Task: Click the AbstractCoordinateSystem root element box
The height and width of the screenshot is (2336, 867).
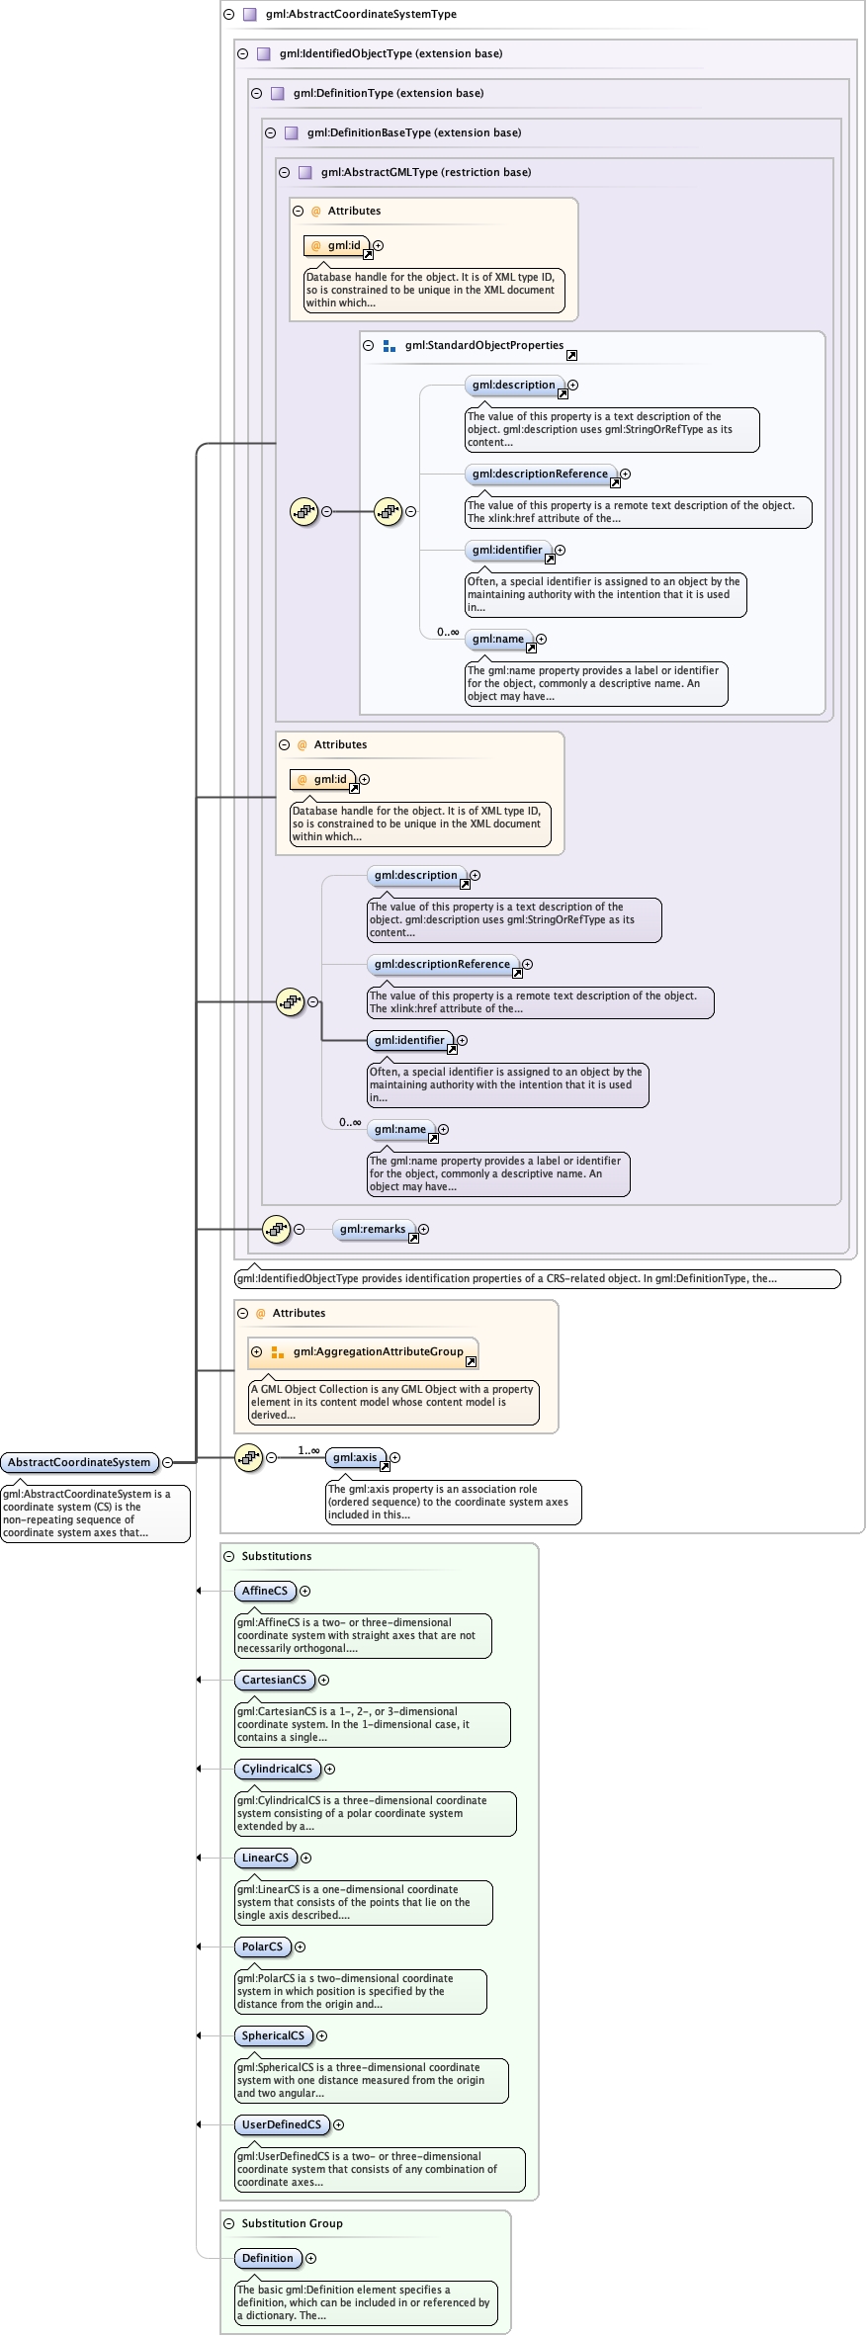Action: click(79, 1462)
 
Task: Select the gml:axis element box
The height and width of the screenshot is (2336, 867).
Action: click(355, 1457)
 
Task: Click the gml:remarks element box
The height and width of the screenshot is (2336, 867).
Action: click(373, 1229)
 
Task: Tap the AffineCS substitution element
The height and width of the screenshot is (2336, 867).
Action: click(265, 1591)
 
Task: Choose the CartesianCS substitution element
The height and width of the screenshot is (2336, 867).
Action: click(274, 1680)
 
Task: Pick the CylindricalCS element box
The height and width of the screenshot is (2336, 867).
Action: click(277, 1769)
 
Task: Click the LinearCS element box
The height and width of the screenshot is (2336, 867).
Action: click(265, 1858)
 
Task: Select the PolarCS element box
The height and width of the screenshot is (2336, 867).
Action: click(262, 1947)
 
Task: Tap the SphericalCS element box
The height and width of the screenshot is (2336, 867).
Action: click(273, 2035)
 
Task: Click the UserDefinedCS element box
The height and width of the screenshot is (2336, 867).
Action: click(282, 2124)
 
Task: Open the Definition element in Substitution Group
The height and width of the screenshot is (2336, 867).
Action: click(268, 2258)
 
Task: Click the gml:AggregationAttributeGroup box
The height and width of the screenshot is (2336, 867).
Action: click(378, 1351)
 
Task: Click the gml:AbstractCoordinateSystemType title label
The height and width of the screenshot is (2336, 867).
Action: click(361, 14)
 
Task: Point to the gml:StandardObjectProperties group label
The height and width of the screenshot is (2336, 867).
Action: click(483, 345)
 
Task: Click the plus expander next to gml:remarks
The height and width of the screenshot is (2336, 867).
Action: click(423, 1229)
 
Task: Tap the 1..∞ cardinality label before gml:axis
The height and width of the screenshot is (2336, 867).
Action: click(308, 1450)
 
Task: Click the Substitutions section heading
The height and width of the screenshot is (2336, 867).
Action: click(276, 1556)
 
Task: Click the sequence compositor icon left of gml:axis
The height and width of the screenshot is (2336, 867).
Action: click(248, 1457)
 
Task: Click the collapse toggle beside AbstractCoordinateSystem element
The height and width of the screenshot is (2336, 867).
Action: click(168, 1462)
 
